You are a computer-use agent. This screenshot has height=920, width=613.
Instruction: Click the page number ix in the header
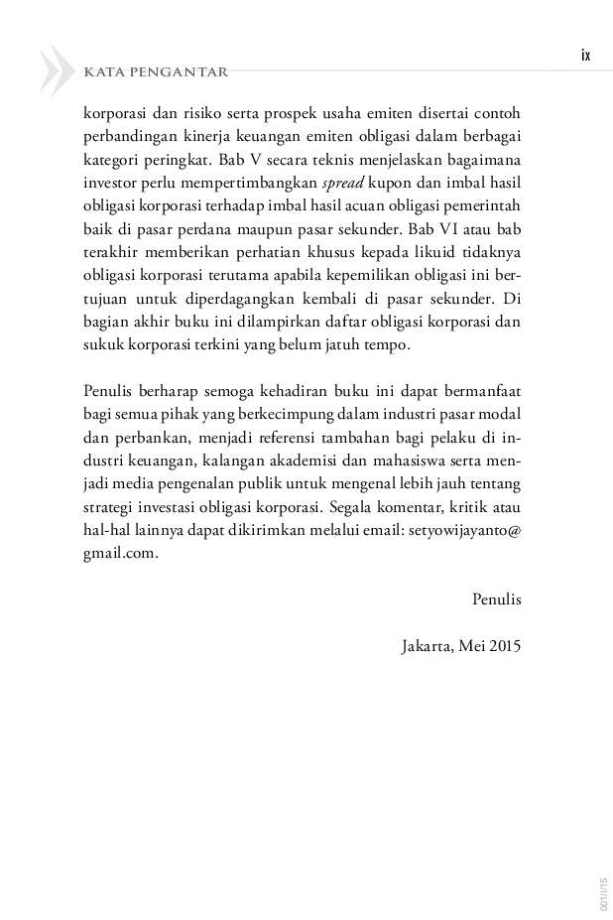[585, 56]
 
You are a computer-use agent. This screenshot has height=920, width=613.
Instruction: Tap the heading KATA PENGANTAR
[157, 71]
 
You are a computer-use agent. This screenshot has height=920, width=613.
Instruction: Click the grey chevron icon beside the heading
[57, 70]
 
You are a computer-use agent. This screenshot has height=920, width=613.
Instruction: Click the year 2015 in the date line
[502, 645]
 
